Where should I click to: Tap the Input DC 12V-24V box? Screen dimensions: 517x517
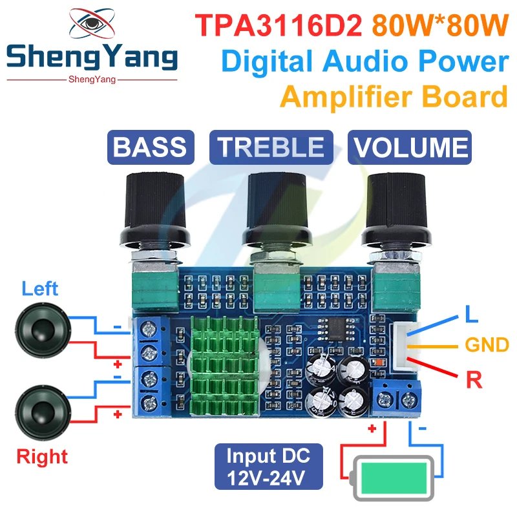pyautogui.click(x=268, y=467)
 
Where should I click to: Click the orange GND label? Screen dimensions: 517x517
pyautogui.click(x=487, y=344)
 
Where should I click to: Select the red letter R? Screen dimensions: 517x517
pyautogui.click(x=475, y=379)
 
